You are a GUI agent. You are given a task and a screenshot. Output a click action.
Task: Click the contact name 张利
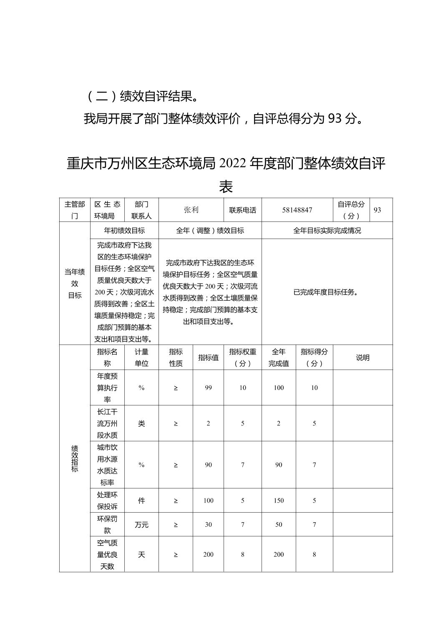(x=191, y=210)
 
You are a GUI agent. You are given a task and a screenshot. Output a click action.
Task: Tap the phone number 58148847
(x=297, y=210)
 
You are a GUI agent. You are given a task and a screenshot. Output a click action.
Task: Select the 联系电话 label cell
(x=243, y=210)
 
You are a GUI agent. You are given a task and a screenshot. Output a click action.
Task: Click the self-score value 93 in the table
(x=377, y=210)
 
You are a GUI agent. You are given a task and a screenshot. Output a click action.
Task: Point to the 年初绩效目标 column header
(x=124, y=230)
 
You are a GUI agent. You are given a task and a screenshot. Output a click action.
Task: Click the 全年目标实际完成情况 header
(x=327, y=230)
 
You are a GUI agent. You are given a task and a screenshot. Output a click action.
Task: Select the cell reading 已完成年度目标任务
(x=327, y=292)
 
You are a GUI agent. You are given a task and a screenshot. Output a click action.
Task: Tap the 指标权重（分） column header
(x=243, y=357)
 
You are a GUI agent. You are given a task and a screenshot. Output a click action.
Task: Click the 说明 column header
(x=362, y=357)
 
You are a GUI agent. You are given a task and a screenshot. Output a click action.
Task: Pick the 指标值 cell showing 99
(x=209, y=387)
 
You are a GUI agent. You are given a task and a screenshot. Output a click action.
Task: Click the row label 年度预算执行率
(x=107, y=387)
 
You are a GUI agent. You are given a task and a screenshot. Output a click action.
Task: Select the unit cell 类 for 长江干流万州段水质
(x=141, y=423)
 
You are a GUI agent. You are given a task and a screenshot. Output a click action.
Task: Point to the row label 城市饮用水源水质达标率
(x=107, y=465)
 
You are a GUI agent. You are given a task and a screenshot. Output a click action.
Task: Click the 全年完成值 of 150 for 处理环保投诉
(x=279, y=501)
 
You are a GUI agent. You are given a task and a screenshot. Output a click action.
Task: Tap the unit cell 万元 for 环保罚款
(x=141, y=525)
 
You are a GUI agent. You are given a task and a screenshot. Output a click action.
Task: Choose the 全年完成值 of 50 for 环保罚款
(x=279, y=525)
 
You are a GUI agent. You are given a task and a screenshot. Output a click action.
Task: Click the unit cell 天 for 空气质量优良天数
(x=141, y=554)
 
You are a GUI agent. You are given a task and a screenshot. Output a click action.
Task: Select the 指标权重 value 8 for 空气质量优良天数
(x=243, y=554)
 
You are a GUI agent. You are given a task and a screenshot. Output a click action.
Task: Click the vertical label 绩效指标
(x=75, y=458)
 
